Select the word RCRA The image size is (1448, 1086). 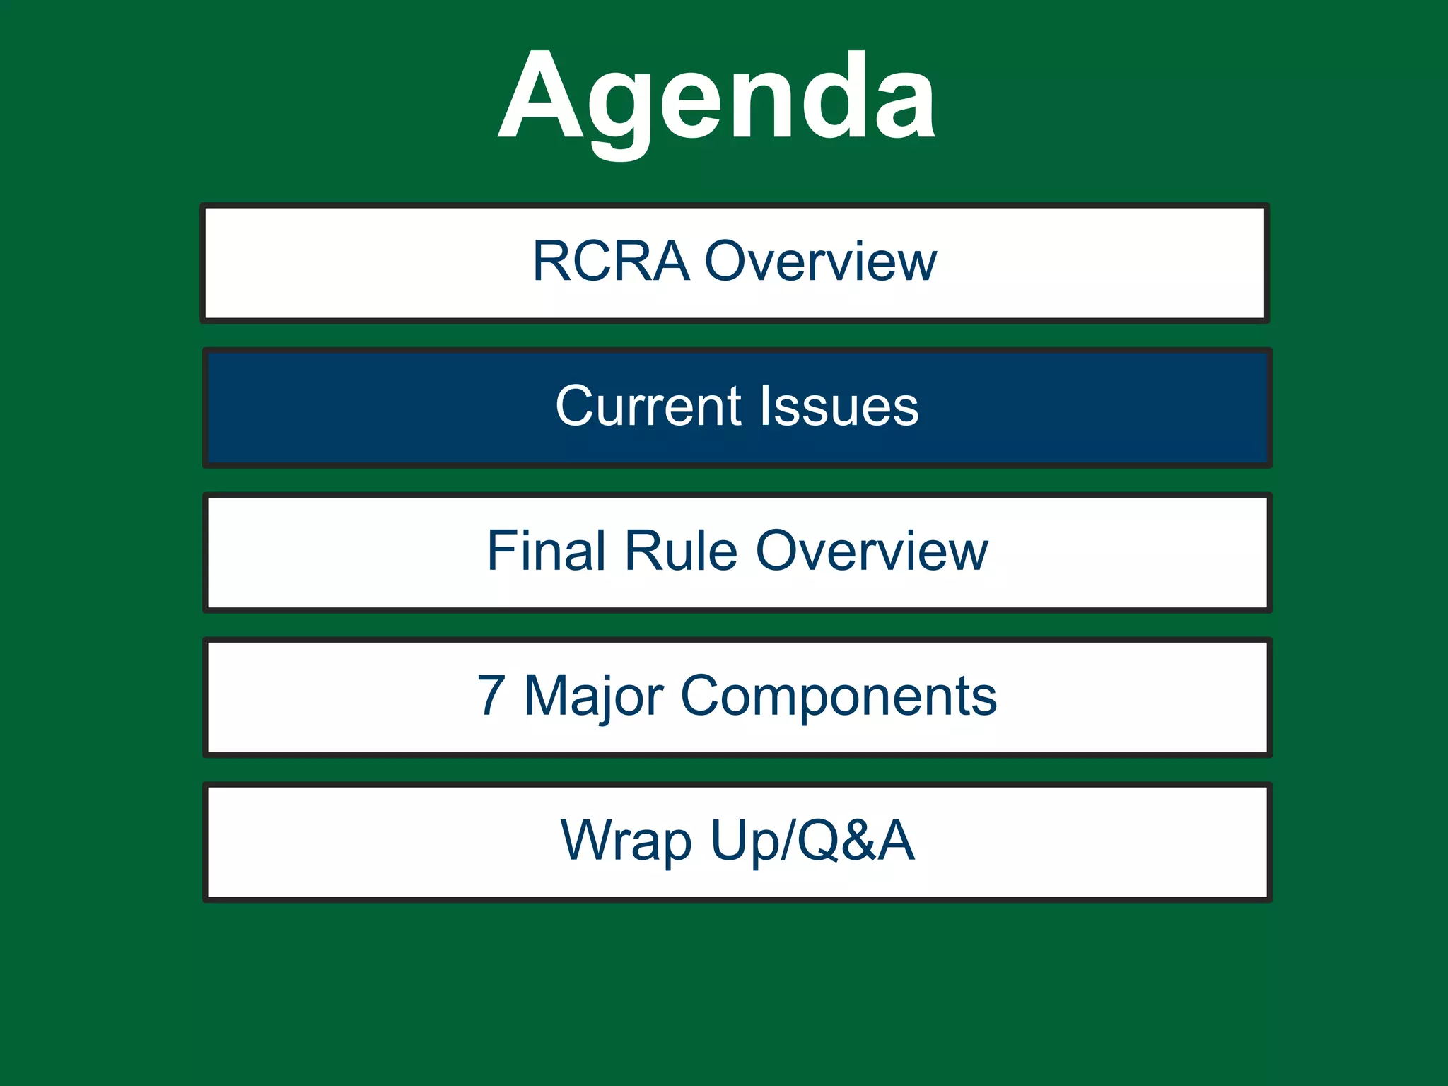pyautogui.click(x=610, y=262)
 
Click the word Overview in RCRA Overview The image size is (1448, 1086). pyautogui.click(x=821, y=262)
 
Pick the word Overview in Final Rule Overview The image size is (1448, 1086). pyautogui.click(x=872, y=551)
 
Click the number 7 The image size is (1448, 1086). pyautogui.click(x=491, y=696)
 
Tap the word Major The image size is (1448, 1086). pyautogui.click(x=594, y=697)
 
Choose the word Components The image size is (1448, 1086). pyautogui.click(x=839, y=697)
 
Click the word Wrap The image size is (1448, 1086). pyautogui.click(x=625, y=841)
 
